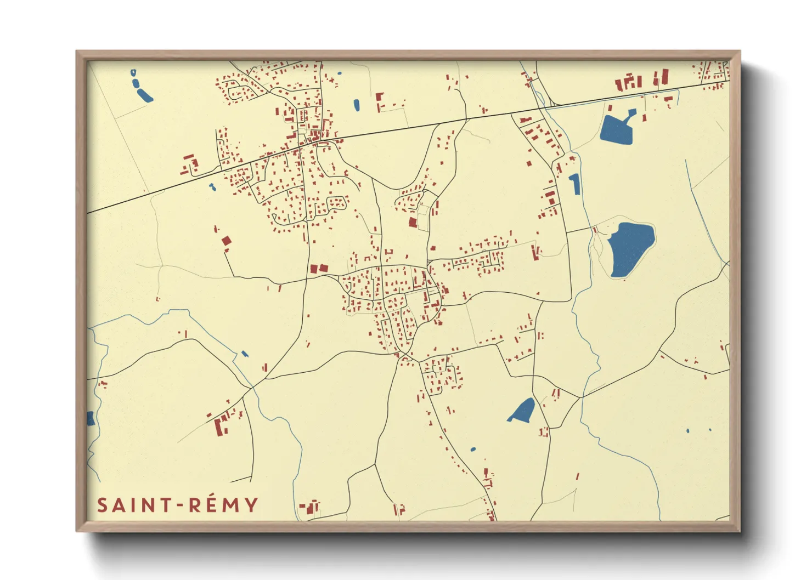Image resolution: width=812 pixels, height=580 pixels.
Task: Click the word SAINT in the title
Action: tap(133, 505)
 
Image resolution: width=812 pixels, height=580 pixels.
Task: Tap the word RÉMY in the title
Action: tap(224, 504)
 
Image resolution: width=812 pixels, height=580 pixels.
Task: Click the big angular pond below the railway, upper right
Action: tap(616, 130)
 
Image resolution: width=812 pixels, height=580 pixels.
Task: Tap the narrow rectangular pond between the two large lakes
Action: tap(574, 184)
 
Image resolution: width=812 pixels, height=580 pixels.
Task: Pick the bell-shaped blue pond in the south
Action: tap(523, 411)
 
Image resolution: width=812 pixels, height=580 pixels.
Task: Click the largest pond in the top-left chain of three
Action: tap(144, 95)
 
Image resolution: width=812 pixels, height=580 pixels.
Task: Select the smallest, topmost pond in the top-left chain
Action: tap(133, 72)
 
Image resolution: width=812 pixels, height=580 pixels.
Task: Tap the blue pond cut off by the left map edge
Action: tap(91, 419)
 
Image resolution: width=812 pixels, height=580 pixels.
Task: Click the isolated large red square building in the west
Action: tap(226, 241)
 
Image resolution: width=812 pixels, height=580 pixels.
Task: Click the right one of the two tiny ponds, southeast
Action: tap(710, 430)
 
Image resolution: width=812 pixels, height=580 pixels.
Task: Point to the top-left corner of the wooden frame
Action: tap(77, 52)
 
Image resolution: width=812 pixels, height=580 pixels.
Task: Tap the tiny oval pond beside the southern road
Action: tap(473, 450)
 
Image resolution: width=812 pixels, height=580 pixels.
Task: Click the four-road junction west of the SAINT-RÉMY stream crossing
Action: tap(252, 388)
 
